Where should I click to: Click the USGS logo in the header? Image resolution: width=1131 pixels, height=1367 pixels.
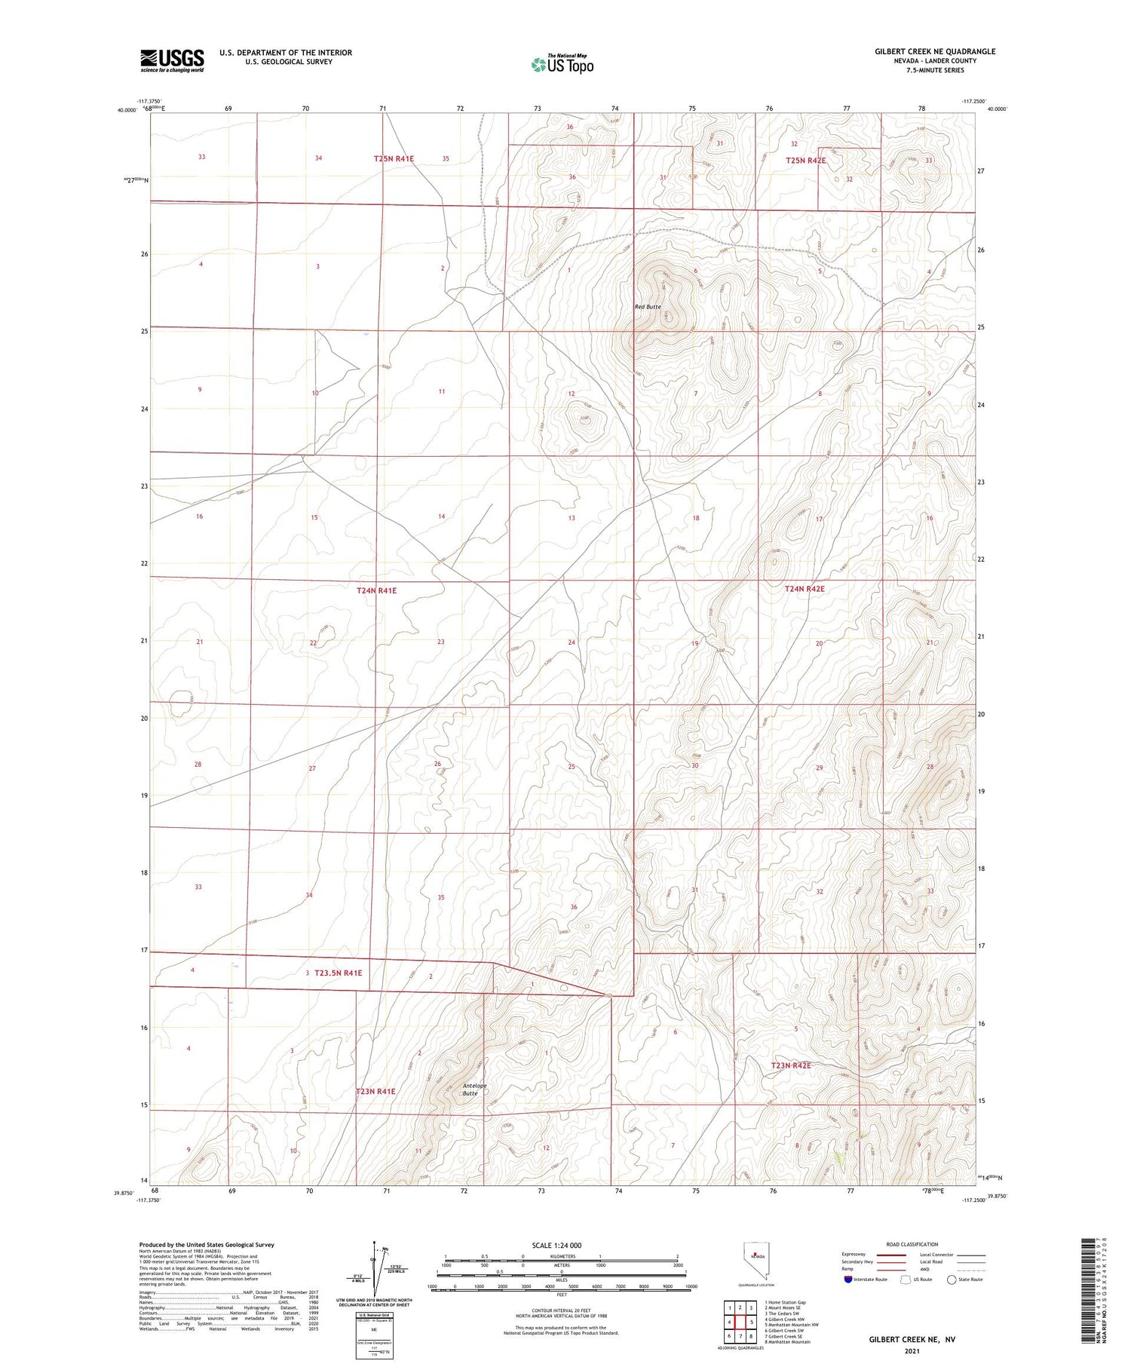(172, 60)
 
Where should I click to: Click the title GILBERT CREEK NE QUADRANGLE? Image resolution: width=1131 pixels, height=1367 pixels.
(935, 51)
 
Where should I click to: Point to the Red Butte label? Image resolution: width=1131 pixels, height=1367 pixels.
(648, 307)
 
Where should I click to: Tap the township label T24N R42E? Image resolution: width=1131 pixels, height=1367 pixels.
(805, 589)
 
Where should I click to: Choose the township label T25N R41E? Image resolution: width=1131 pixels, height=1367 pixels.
(394, 158)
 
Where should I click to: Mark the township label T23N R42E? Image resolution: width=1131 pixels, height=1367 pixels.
(791, 1065)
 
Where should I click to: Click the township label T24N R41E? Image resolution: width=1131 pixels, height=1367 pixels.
(376, 591)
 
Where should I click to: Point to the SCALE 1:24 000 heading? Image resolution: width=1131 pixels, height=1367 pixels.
(557, 1245)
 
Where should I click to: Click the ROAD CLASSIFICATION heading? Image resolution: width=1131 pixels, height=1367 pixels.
(912, 1244)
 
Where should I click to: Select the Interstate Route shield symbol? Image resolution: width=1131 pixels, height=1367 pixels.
(848, 1280)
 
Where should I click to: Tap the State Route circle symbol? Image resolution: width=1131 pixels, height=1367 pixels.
(952, 1280)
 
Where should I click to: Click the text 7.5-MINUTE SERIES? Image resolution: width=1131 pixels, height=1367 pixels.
(935, 70)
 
